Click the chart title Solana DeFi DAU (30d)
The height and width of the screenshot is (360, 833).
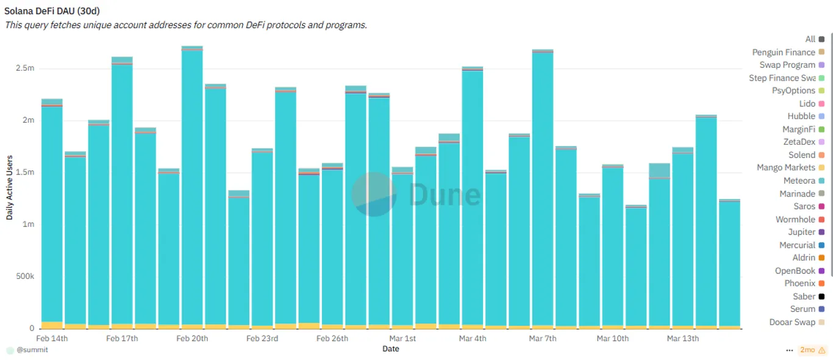coord(52,11)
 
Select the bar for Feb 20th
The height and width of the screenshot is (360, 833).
coord(192,187)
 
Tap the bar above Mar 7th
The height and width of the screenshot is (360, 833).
coord(543,189)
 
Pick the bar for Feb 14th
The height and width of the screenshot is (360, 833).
coord(52,214)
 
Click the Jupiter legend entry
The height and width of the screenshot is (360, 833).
coord(806,232)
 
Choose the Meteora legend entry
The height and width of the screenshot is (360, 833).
coord(804,181)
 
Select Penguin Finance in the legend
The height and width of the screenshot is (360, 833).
coord(788,52)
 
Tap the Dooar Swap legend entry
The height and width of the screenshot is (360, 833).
coord(796,322)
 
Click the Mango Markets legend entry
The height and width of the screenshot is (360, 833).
coord(790,168)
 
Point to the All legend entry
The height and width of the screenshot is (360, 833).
coord(815,39)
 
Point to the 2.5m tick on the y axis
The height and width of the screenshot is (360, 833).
coord(25,68)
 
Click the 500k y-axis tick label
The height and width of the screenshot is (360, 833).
coord(25,276)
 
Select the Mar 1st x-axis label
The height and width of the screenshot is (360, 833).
coord(402,339)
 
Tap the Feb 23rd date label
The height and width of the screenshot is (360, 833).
coord(262,339)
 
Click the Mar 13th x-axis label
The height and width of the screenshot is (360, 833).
coord(683,339)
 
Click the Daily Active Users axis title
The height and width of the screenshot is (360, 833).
coord(9,188)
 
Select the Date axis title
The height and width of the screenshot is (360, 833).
coord(391,349)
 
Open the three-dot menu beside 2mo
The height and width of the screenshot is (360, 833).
coord(790,350)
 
